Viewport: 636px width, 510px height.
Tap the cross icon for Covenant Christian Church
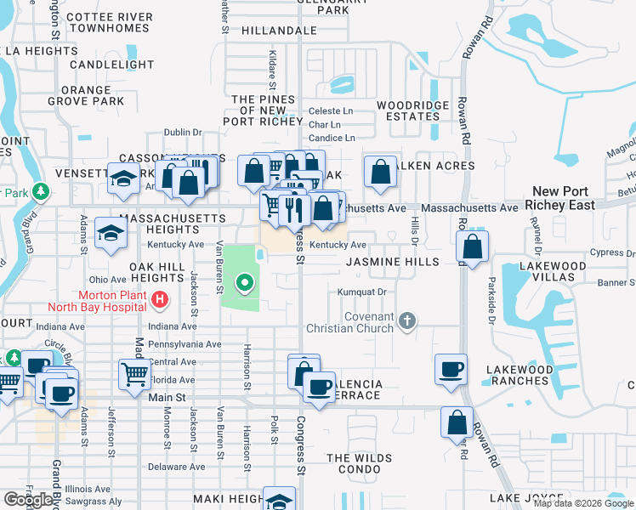(x=407, y=320)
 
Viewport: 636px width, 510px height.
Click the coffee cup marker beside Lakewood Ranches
(x=451, y=369)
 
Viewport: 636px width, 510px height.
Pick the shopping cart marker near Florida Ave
(x=135, y=373)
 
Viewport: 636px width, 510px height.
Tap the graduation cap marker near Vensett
(x=123, y=178)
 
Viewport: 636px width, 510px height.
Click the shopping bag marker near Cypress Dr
(x=472, y=246)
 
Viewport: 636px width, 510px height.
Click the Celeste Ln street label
(x=331, y=110)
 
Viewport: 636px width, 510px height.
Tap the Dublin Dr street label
(x=183, y=133)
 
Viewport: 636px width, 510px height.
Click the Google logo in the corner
(x=28, y=500)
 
